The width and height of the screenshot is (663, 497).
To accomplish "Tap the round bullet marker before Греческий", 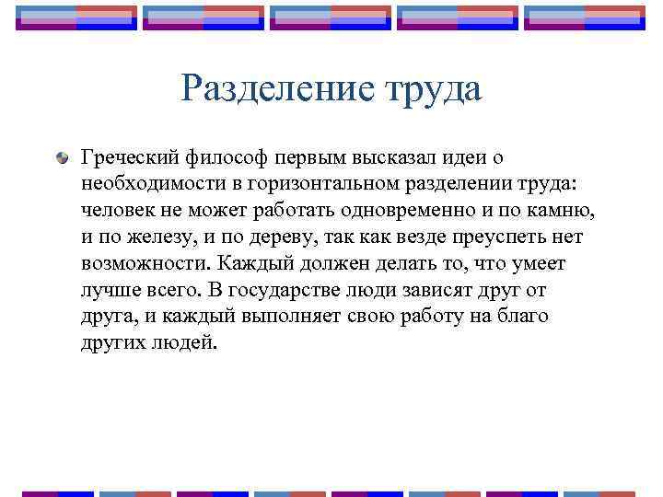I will click(62, 160).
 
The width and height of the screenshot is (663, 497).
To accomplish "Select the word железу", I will click(158, 238).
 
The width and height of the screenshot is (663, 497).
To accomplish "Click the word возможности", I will click(143, 264).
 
